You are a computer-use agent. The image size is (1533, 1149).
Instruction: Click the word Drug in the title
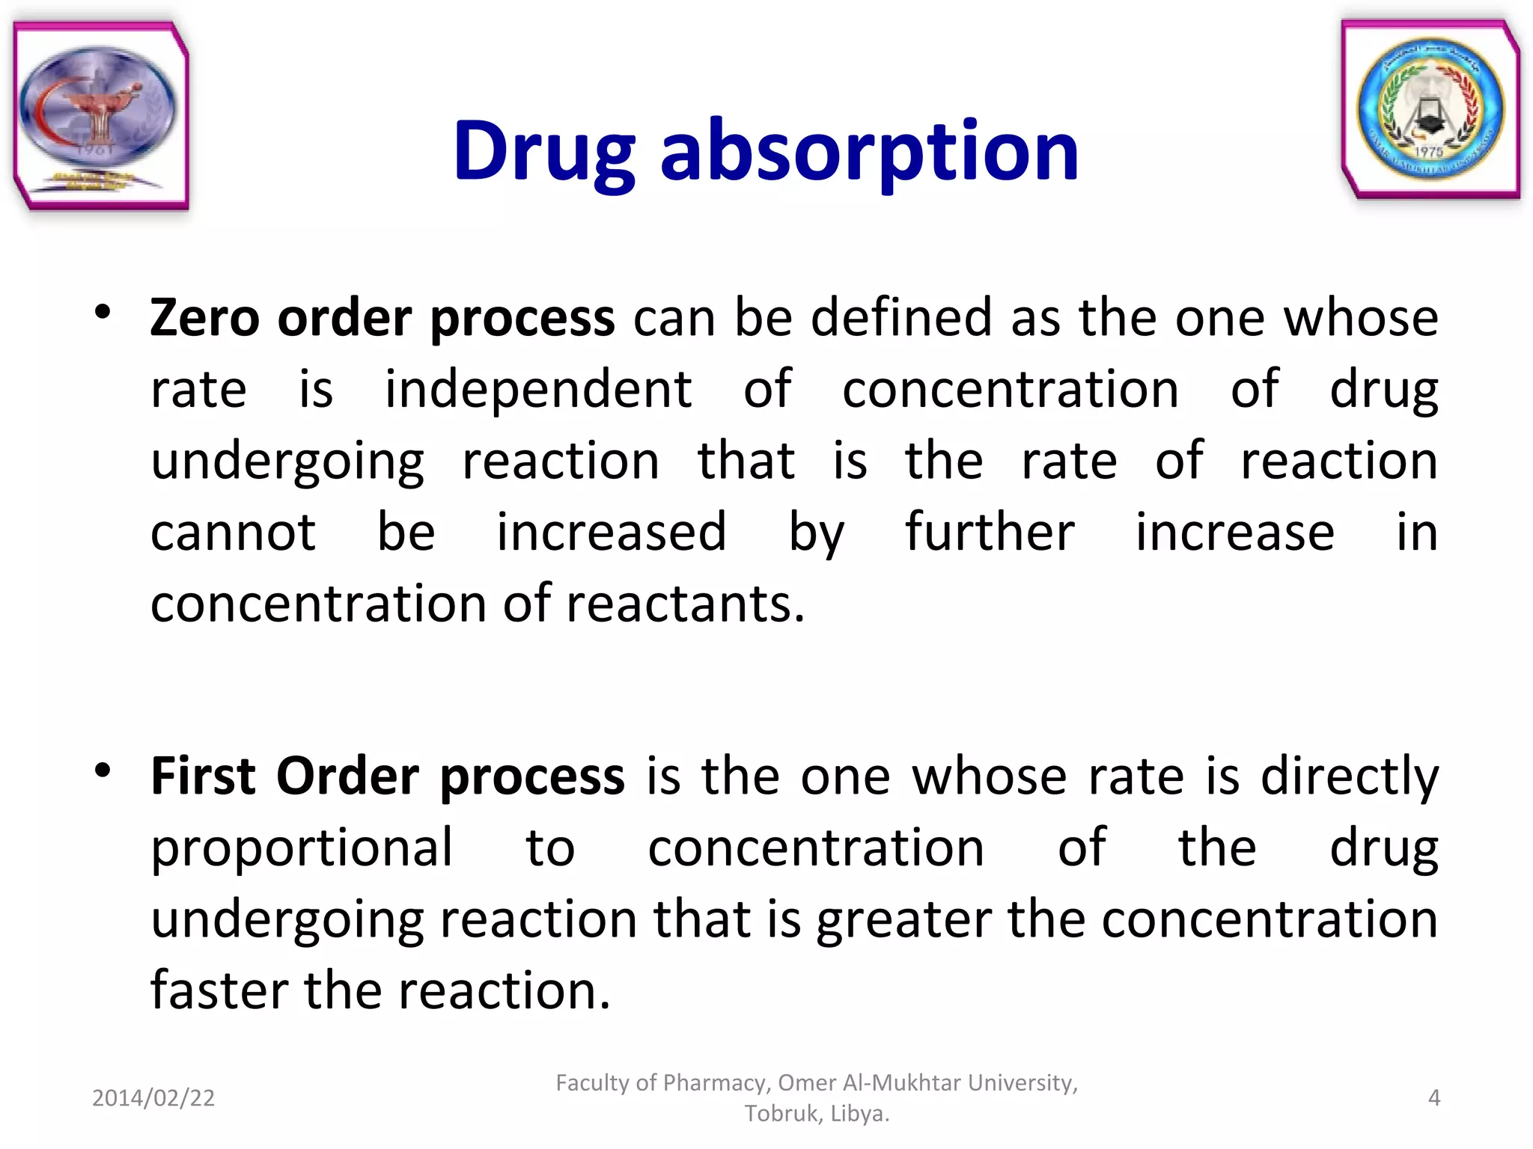pos(545,153)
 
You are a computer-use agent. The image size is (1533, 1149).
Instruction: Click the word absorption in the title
pos(869,153)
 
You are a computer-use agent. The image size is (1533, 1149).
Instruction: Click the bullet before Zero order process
pos(103,313)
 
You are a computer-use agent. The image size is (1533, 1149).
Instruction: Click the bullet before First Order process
pos(103,770)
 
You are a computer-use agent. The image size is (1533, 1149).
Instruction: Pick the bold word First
pos(203,776)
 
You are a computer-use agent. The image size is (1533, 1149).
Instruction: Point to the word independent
pos(537,390)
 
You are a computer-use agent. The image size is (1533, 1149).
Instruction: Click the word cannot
pos(233,533)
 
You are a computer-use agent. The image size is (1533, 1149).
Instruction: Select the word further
pos(990,533)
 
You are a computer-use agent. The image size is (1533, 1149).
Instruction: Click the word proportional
pos(302,848)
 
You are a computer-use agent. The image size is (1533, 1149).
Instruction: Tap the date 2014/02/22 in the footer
pos(153,1098)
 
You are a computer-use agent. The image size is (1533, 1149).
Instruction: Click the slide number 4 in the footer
pos(1433,1098)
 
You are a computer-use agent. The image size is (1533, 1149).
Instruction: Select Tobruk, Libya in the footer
pos(817,1114)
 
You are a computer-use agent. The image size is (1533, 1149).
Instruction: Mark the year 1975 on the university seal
pos(1428,152)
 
